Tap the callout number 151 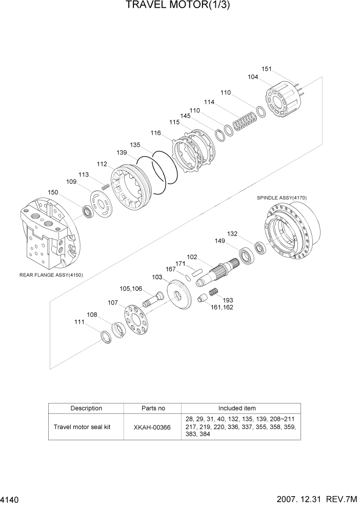pos(266,69)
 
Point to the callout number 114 pos(209,102)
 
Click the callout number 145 pos(185,116)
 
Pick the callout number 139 pos(122,153)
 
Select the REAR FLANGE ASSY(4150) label pos(51,275)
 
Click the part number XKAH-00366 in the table pos(153,426)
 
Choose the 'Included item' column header pos(237,408)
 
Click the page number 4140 pos(11,499)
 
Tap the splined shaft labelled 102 pos(219,272)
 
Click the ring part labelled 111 pos(106,338)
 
